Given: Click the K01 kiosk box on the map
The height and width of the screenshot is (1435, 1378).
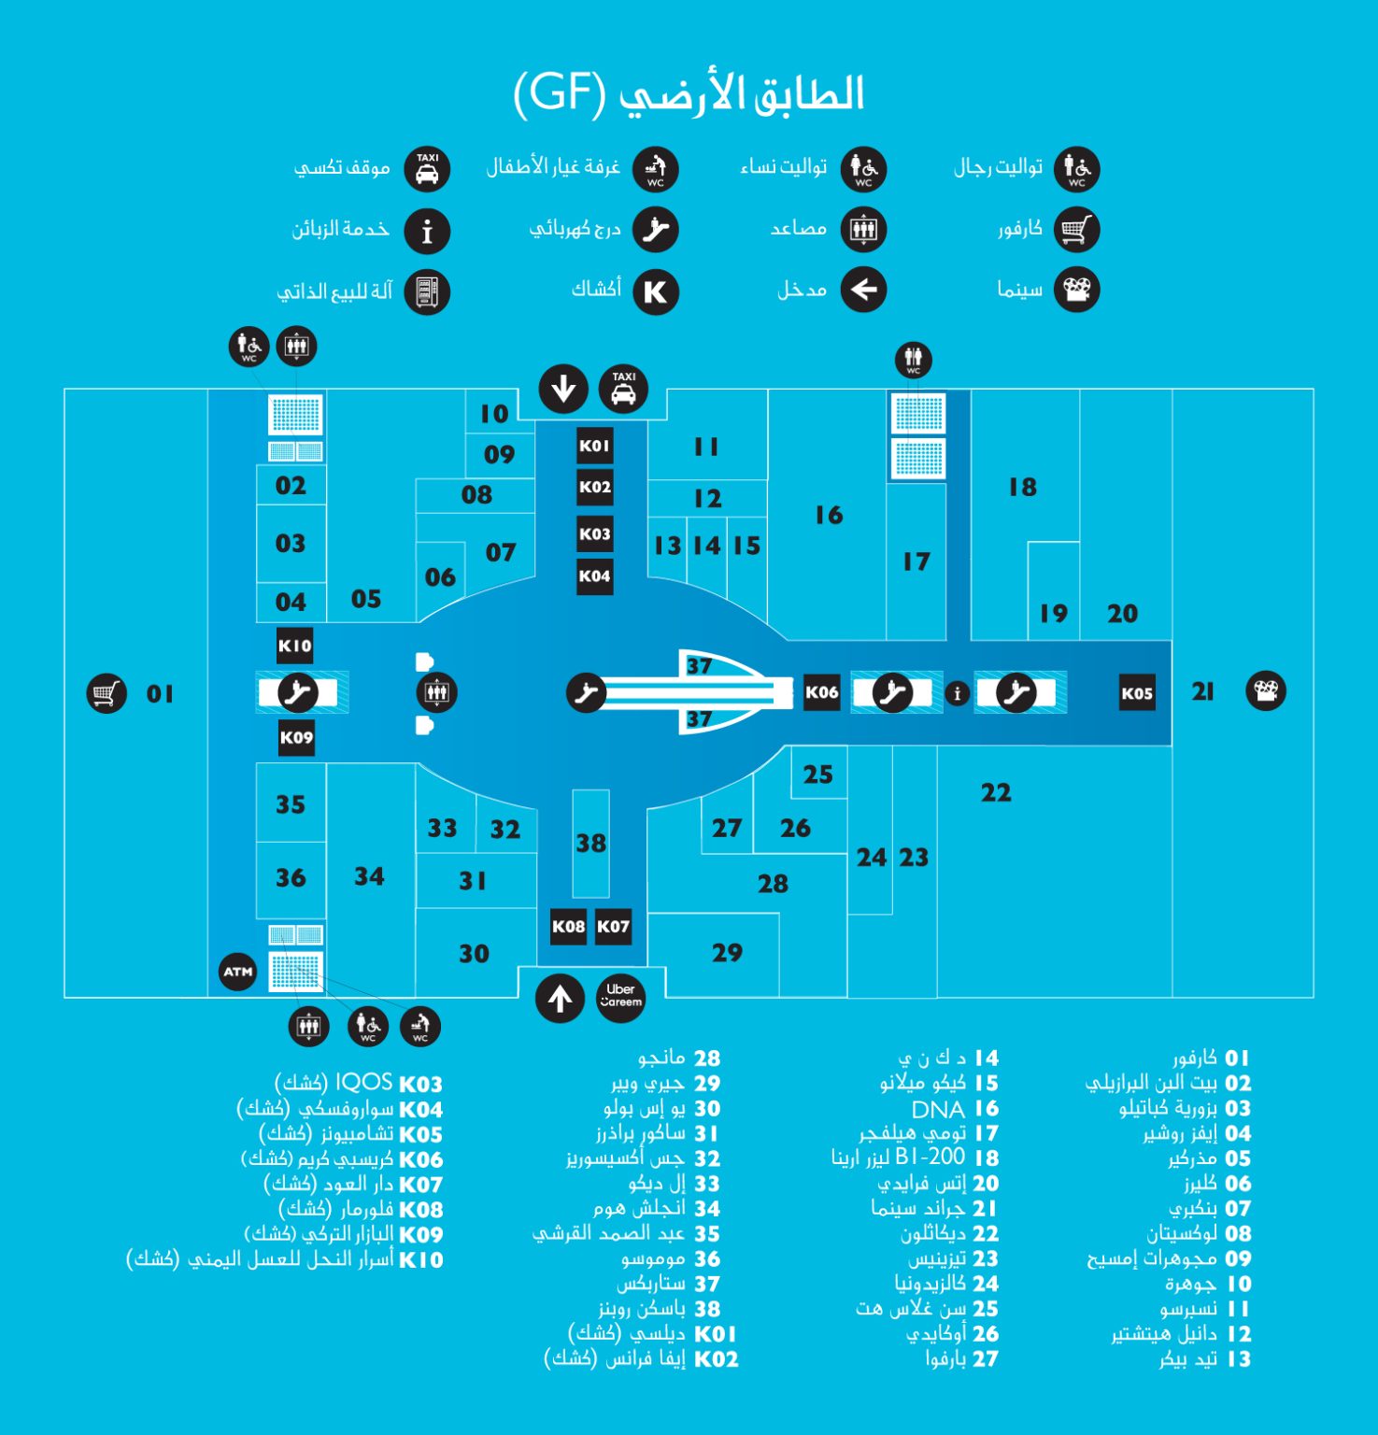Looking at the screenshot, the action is click(x=594, y=446).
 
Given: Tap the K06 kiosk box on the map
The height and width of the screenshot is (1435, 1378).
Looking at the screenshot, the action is click(x=822, y=692).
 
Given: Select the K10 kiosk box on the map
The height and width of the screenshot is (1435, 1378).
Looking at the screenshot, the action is click(x=295, y=646).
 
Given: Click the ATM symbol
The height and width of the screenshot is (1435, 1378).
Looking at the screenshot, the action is click(x=238, y=972).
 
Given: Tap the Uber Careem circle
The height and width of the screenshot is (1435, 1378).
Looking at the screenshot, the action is click(x=621, y=996).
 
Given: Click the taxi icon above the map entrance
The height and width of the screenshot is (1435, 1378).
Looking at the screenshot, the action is click(x=623, y=389).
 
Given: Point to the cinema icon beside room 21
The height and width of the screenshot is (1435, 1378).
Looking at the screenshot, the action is click(x=1266, y=691).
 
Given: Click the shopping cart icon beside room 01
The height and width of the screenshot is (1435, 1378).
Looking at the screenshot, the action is click(x=106, y=693).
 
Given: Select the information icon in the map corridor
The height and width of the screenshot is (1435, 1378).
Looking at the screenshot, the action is click(x=957, y=694).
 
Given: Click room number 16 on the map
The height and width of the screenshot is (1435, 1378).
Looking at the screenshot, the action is click(x=829, y=515).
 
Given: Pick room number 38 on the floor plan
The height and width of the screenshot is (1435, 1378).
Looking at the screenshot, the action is click(x=591, y=844).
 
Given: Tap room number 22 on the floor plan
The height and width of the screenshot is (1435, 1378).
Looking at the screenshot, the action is click(x=996, y=793).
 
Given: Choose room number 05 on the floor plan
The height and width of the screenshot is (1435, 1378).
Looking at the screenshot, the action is click(x=366, y=599).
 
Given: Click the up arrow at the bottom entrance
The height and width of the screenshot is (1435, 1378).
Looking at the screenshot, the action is click(x=560, y=999).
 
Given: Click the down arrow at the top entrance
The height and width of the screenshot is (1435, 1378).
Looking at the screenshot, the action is click(x=563, y=389).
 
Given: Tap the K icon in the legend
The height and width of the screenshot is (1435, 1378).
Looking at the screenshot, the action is click(x=656, y=291).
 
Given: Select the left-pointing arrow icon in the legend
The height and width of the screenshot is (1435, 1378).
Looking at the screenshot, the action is click(x=863, y=291).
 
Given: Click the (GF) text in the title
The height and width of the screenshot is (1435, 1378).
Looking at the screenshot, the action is click(x=558, y=93).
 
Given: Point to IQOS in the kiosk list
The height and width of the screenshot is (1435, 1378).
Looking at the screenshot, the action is click(x=364, y=1082).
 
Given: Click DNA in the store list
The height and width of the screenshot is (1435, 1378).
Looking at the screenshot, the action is click(x=938, y=1109).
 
